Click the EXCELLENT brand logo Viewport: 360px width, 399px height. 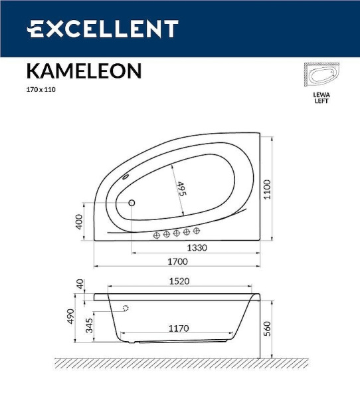coord(102,29)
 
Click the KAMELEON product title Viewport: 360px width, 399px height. coord(83,71)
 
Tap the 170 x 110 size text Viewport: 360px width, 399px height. coord(41,89)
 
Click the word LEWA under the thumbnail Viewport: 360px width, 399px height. coord(321,95)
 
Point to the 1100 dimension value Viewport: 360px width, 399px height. coord(266,188)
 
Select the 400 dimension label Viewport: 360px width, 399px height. coord(79,221)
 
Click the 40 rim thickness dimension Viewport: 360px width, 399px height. coord(79,284)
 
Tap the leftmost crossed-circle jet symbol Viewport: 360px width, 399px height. coord(157,234)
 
